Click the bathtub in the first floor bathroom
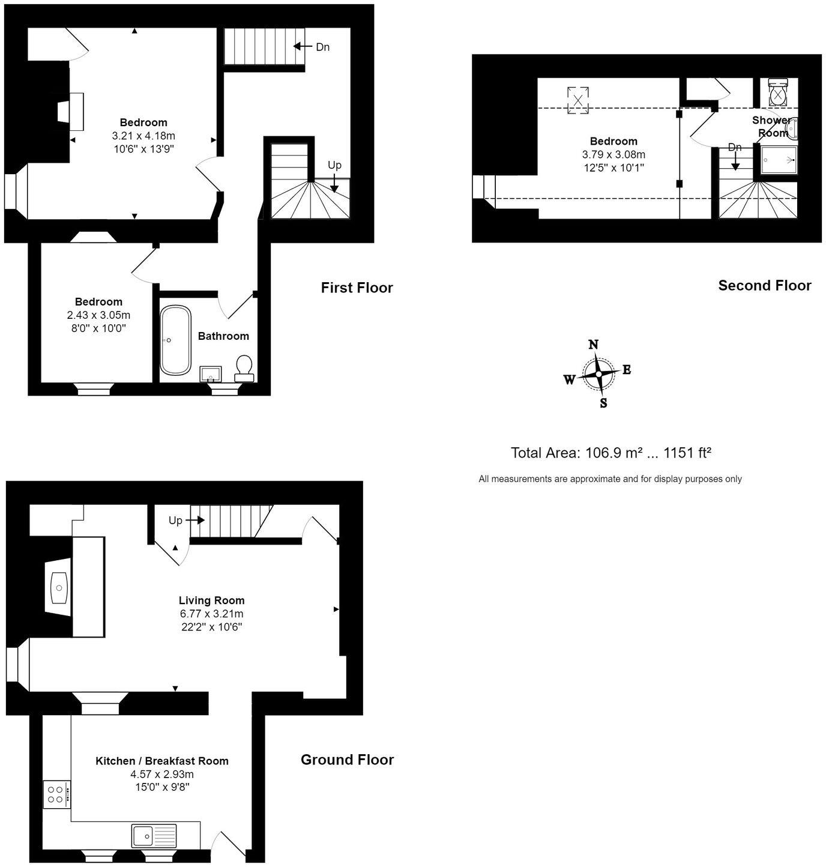click(175, 340)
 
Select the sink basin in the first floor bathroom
click(211, 374)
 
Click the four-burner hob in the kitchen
click(56, 794)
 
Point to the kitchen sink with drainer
click(154, 835)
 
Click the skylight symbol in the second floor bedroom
click(577, 100)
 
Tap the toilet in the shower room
click(778, 92)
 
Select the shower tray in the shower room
click(779, 160)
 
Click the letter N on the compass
click(593, 345)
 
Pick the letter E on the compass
click(627, 370)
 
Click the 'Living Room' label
click(211, 600)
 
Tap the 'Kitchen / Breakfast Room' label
click(162, 761)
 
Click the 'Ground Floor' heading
click(347, 760)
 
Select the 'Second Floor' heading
click(764, 285)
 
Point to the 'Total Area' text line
click(610, 453)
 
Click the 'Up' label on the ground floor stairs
click(175, 521)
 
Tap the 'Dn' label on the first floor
click(322, 47)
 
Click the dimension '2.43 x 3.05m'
click(98, 315)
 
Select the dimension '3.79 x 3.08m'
click(613, 154)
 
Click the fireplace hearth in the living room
click(59, 587)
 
